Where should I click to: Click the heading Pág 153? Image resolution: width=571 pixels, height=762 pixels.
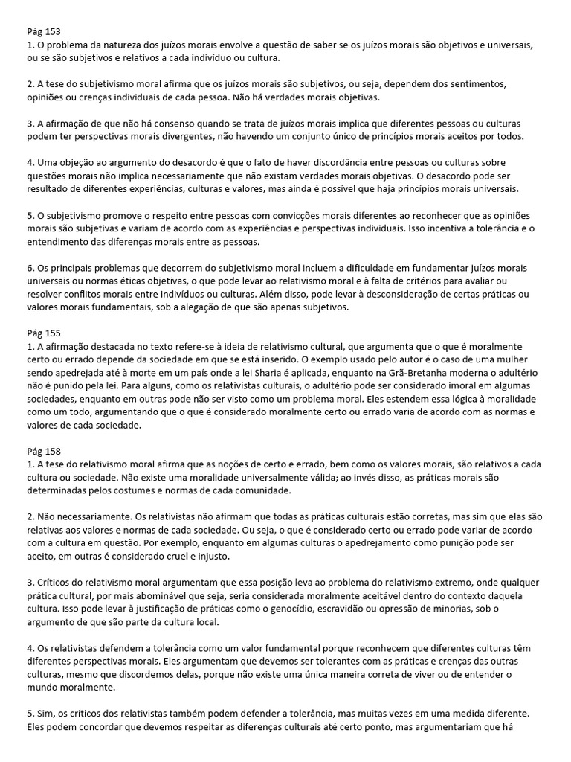(44, 32)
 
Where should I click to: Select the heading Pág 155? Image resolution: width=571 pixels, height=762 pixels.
(44, 333)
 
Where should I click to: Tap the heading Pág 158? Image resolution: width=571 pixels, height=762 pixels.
(44, 451)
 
